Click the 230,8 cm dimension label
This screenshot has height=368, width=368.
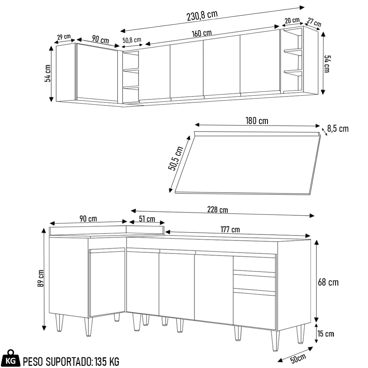click(x=202, y=15)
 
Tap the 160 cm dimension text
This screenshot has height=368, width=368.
click(x=202, y=33)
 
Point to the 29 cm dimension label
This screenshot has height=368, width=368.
click(x=64, y=37)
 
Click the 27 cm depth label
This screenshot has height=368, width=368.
click(x=315, y=22)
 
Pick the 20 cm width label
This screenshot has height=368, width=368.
click(x=292, y=21)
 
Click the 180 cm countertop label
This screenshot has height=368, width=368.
click(x=256, y=121)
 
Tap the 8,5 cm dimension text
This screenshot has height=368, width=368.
click(x=337, y=129)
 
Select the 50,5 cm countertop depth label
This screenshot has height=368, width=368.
click(x=176, y=159)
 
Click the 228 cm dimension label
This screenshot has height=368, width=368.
click(x=217, y=210)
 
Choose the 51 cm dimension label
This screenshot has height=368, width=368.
click(x=147, y=219)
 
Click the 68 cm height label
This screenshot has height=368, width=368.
click(x=328, y=282)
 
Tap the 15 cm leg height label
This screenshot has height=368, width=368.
click(x=326, y=334)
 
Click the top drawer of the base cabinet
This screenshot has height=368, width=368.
click(x=254, y=264)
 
